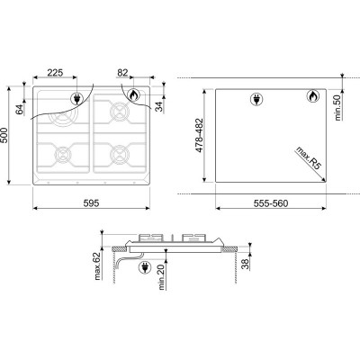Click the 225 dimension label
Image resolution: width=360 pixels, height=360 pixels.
[x=55, y=73]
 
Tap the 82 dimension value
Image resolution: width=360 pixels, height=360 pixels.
[x=122, y=73]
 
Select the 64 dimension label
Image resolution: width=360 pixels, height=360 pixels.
[x=20, y=110]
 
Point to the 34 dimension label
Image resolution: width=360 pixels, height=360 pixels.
[x=160, y=106]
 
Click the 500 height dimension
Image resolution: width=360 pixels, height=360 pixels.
[x=4, y=135]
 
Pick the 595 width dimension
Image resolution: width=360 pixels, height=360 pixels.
[x=91, y=203]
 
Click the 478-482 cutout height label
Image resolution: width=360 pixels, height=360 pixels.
[x=199, y=135]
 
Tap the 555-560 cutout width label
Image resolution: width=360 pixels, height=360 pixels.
[x=271, y=203]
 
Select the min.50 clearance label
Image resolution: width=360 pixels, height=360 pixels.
[x=338, y=107]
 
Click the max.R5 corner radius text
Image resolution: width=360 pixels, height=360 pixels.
[x=309, y=158]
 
